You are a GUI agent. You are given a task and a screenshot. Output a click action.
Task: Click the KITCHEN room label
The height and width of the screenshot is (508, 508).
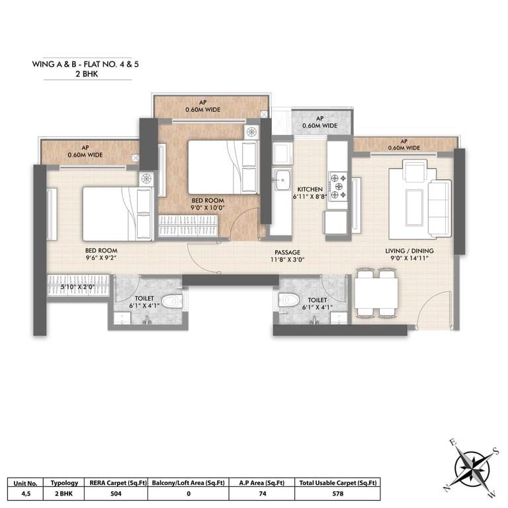click(x=310, y=189)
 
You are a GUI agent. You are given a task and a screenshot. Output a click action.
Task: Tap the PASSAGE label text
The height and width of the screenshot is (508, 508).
click(x=287, y=252)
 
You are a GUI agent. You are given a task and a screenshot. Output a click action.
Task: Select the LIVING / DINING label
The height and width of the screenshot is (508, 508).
click(x=409, y=251)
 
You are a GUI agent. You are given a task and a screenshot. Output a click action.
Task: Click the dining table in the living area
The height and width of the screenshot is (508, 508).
click(x=376, y=293)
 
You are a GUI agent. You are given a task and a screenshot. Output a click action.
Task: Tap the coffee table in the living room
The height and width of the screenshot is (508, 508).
click(x=414, y=207)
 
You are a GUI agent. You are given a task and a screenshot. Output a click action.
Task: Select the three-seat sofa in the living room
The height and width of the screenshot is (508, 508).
click(x=440, y=208)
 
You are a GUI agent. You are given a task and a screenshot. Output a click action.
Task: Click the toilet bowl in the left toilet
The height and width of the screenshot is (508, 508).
click(x=173, y=302)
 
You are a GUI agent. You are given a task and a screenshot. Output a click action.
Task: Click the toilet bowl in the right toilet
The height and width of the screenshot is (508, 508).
click(x=288, y=300)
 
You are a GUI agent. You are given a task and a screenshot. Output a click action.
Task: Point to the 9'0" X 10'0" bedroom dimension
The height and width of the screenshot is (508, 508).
click(x=208, y=208)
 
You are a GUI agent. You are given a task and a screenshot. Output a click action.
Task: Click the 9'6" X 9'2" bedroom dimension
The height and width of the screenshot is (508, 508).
click(x=101, y=258)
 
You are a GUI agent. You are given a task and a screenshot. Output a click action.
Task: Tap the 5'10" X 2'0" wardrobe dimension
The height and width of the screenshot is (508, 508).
click(x=77, y=286)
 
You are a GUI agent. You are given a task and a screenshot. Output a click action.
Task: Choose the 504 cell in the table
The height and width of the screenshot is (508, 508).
click(x=116, y=493)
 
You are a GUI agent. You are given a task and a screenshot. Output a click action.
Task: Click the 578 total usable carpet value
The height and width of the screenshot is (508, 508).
click(x=337, y=493)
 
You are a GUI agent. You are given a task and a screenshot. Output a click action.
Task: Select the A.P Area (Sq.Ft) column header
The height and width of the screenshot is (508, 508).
click(x=262, y=483)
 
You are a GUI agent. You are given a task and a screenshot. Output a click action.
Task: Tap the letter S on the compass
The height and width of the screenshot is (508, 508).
click(x=495, y=450)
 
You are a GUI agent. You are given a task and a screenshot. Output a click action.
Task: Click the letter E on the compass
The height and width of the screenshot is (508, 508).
click(x=453, y=443)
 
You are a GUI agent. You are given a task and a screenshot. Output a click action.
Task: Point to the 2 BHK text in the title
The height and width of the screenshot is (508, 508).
click(x=87, y=74)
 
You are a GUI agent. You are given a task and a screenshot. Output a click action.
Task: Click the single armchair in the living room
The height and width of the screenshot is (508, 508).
click(x=414, y=171)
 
